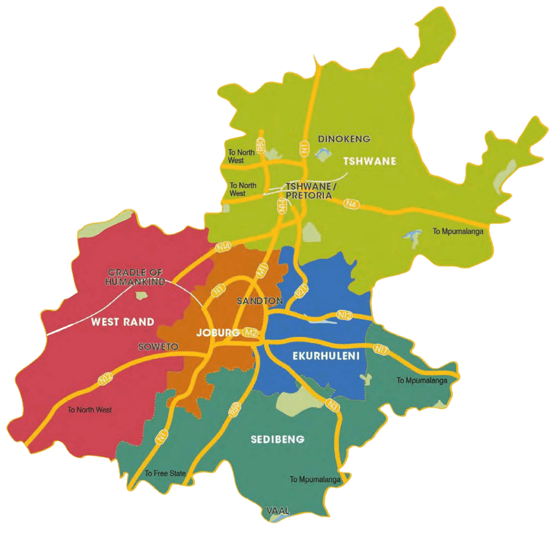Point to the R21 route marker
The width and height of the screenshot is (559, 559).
click(300, 292)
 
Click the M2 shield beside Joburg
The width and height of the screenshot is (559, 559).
click(251, 332)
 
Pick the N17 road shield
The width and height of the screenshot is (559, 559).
click(381, 349)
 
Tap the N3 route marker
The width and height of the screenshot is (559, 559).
click(331, 405)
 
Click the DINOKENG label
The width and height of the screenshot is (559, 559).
click(344, 139)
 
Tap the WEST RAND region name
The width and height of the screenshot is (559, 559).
click(122, 322)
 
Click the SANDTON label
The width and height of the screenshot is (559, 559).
click(259, 301)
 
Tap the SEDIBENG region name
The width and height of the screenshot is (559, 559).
click(277, 439)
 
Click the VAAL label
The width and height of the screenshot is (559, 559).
click(277, 511)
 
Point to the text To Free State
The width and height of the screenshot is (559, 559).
click(165, 473)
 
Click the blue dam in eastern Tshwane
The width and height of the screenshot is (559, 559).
click(413, 235)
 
